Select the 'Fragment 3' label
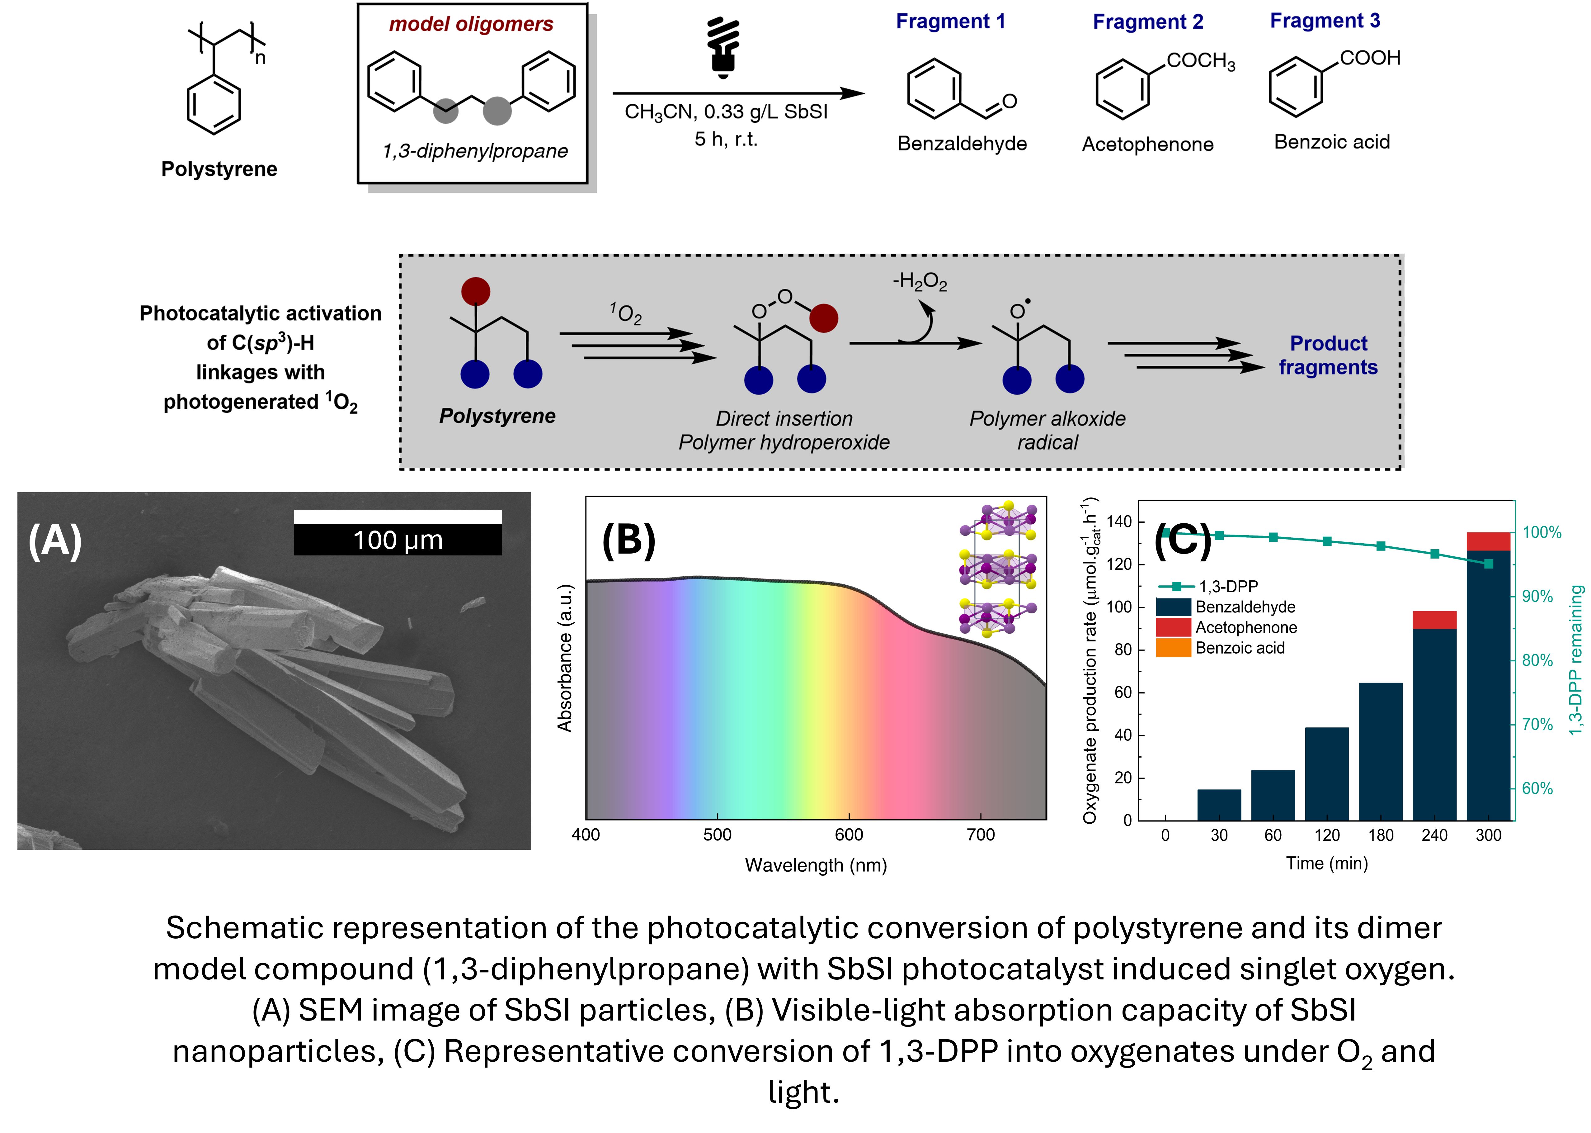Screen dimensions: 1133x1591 click(x=1325, y=21)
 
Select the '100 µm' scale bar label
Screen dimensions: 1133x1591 click(x=398, y=540)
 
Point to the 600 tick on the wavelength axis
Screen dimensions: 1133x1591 click(x=849, y=834)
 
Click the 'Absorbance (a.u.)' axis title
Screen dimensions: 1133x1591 click(x=565, y=658)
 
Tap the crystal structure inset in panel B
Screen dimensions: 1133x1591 click(x=998, y=569)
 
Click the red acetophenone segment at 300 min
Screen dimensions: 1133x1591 click(x=1489, y=541)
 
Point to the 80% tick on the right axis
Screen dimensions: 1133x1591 click(x=1537, y=660)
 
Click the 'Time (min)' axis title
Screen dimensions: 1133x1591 click(x=1327, y=864)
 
